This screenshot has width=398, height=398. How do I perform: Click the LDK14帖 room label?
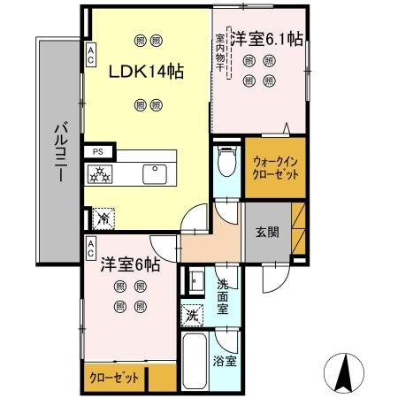[x=146, y=72]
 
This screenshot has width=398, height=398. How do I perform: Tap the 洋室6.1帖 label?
[x=267, y=40]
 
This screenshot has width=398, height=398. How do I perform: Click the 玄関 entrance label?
[x=267, y=233]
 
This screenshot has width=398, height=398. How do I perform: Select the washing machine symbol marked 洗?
[x=192, y=314]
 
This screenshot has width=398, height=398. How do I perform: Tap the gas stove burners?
[x=101, y=173]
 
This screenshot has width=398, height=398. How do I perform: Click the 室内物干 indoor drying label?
[x=220, y=51]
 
